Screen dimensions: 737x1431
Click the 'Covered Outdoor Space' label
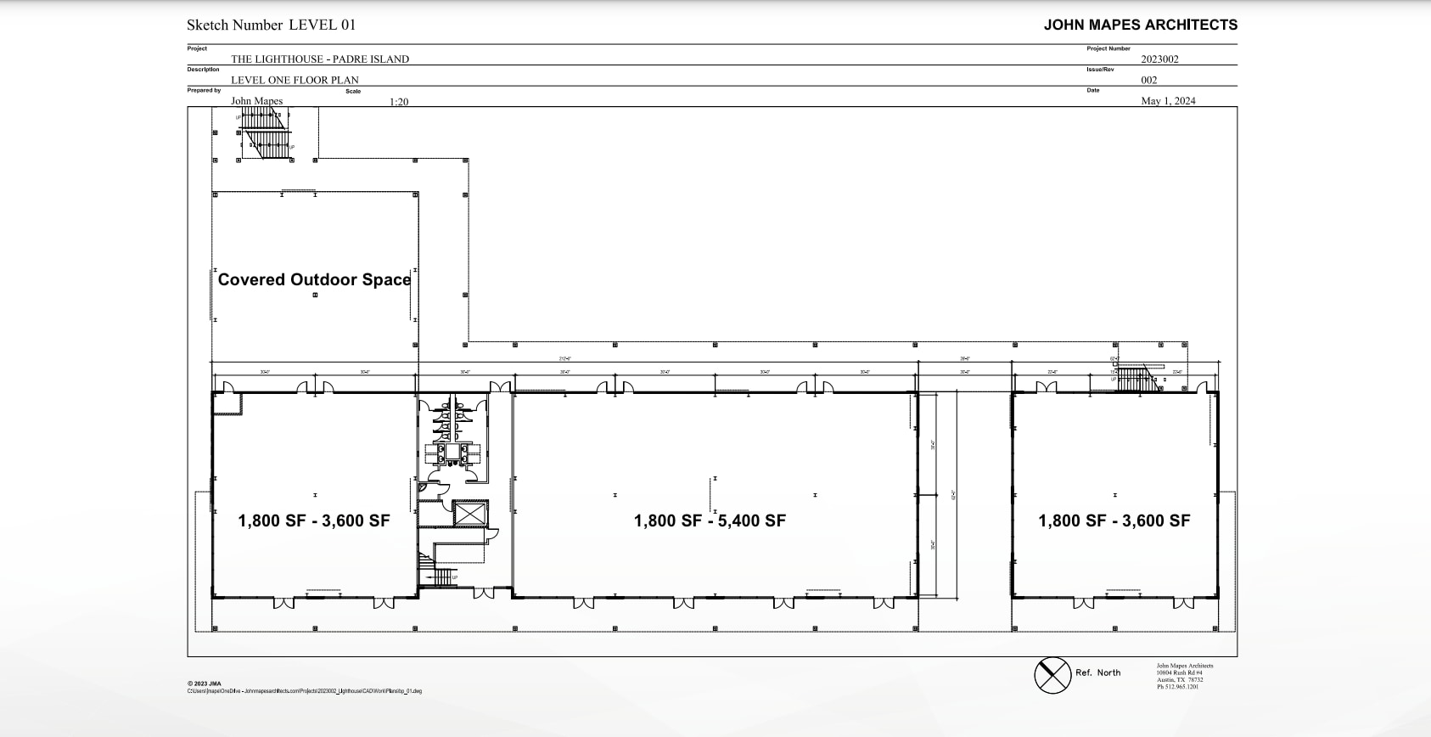click(x=314, y=279)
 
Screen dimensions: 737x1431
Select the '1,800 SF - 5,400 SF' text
click(x=710, y=520)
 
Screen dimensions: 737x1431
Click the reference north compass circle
click(x=1052, y=675)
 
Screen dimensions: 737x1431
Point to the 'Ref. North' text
click(x=1097, y=672)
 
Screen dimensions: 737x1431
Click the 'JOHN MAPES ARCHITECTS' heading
click(x=1140, y=25)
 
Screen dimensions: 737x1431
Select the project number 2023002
click(x=1159, y=59)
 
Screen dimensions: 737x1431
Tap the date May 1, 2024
click(x=1168, y=100)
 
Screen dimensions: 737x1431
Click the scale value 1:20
click(x=399, y=102)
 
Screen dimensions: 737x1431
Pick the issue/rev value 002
click(x=1148, y=80)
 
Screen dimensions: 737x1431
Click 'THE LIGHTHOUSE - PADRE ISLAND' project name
click(x=320, y=59)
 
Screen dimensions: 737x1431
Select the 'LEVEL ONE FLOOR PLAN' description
click(x=295, y=80)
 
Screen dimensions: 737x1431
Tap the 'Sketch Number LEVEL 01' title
click(x=271, y=25)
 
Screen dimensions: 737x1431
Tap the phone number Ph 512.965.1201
click(x=1177, y=687)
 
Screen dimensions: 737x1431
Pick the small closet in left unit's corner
click(x=227, y=403)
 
